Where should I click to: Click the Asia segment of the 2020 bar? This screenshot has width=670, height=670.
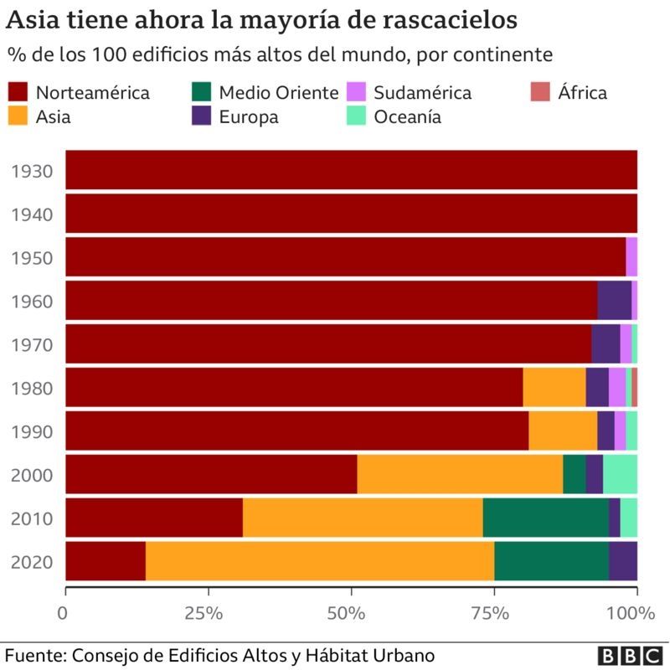tap(319, 560)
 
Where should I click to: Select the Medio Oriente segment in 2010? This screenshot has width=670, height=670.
tap(545, 517)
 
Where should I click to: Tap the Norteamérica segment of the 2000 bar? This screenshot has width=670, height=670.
tap(211, 473)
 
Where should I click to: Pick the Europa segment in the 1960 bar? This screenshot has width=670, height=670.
tap(614, 299)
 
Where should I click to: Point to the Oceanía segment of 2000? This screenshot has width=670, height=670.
tap(620, 473)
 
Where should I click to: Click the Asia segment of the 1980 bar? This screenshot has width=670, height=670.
tap(554, 386)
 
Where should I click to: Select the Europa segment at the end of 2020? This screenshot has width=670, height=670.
tap(622, 560)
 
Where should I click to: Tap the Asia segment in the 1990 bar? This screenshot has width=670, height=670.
tap(563, 430)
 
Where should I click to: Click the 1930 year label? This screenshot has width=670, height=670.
tap(32, 172)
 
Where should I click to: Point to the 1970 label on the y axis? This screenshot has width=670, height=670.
tap(32, 345)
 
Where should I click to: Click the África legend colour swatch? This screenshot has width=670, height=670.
tap(542, 92)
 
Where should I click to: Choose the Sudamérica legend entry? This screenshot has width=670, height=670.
tap(422, 92)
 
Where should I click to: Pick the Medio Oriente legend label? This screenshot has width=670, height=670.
tap(278, 92)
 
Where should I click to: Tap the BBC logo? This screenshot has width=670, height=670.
tap(630, 654)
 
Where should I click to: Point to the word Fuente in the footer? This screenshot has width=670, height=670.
tap(34, 654)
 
